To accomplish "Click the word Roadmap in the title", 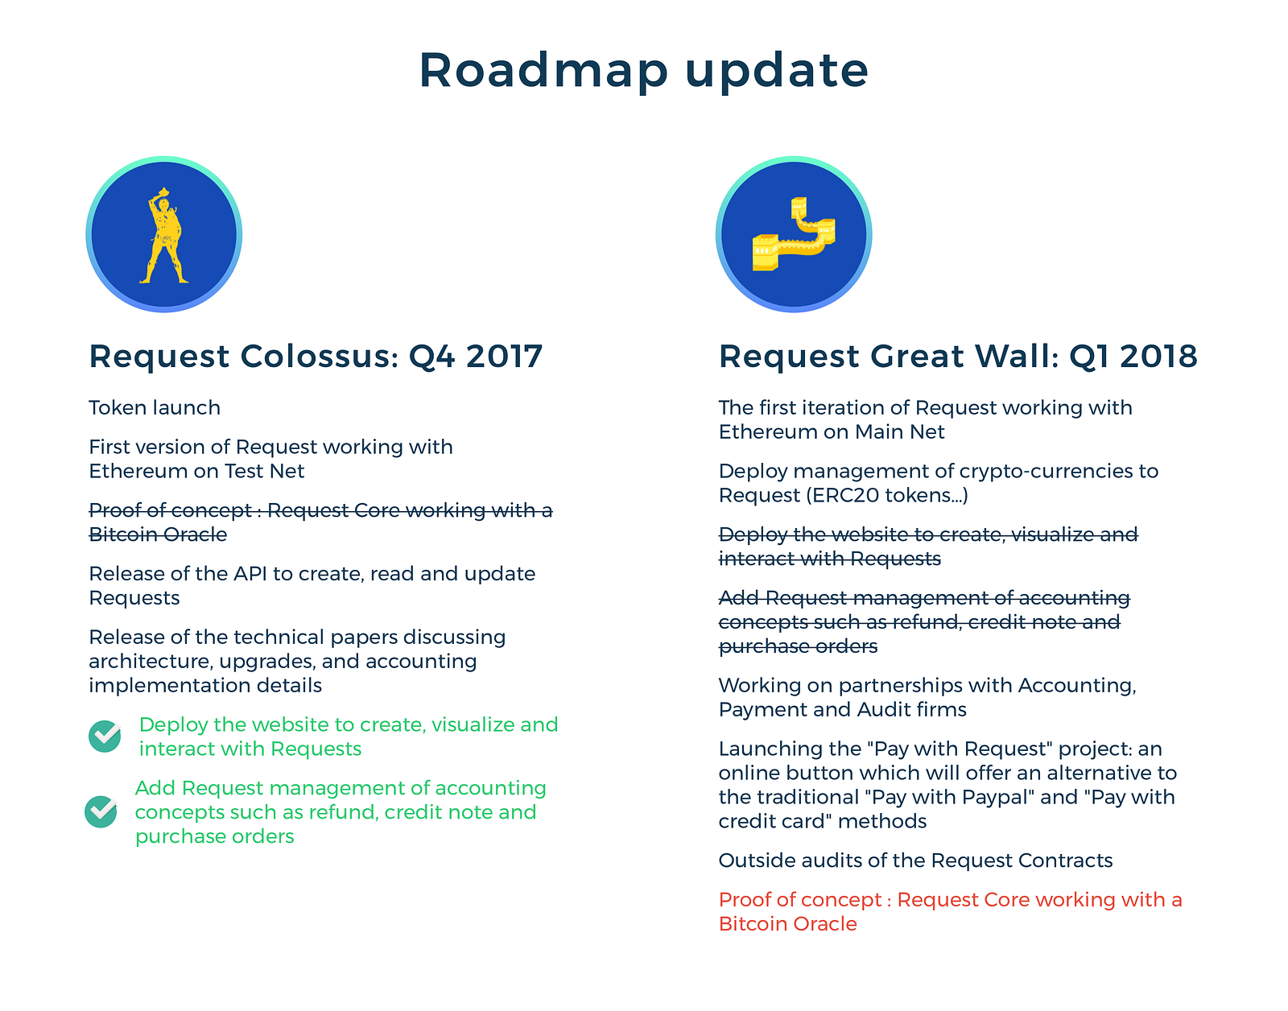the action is tap(543, 71).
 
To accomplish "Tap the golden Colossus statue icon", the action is tap(163, 235).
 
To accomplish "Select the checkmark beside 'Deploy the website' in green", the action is tap(105, 736).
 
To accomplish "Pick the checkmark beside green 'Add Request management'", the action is tap(101, 811).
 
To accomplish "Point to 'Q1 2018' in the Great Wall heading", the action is tap(1133, 356).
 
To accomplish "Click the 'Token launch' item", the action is tap(155, 408).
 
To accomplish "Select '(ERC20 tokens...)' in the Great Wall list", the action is tap(887, 495).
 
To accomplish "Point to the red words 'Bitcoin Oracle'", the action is tap(788, 924).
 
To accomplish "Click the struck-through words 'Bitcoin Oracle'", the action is tap(158, 534).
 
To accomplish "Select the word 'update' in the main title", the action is tap(777, 71).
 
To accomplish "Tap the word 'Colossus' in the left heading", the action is tap(319, 356).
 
